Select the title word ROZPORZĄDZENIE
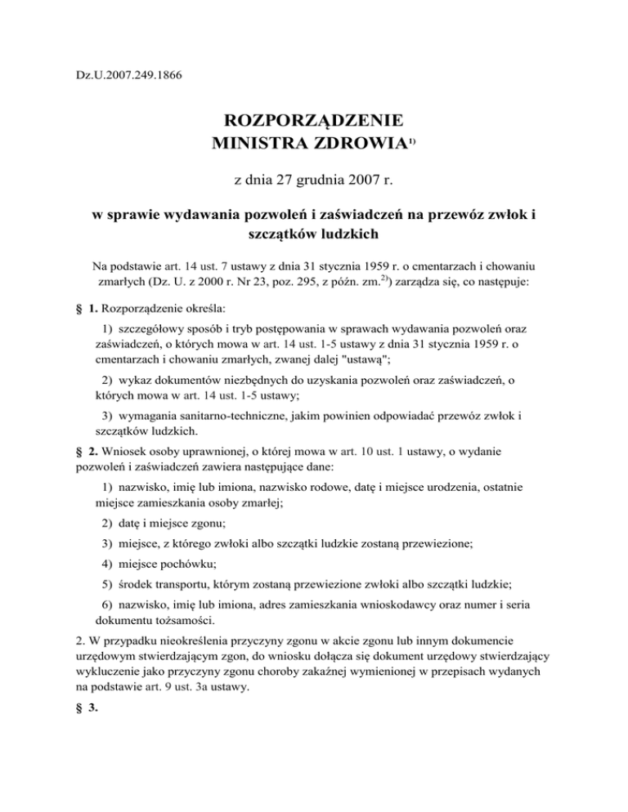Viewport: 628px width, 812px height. [x=314, y=121]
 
